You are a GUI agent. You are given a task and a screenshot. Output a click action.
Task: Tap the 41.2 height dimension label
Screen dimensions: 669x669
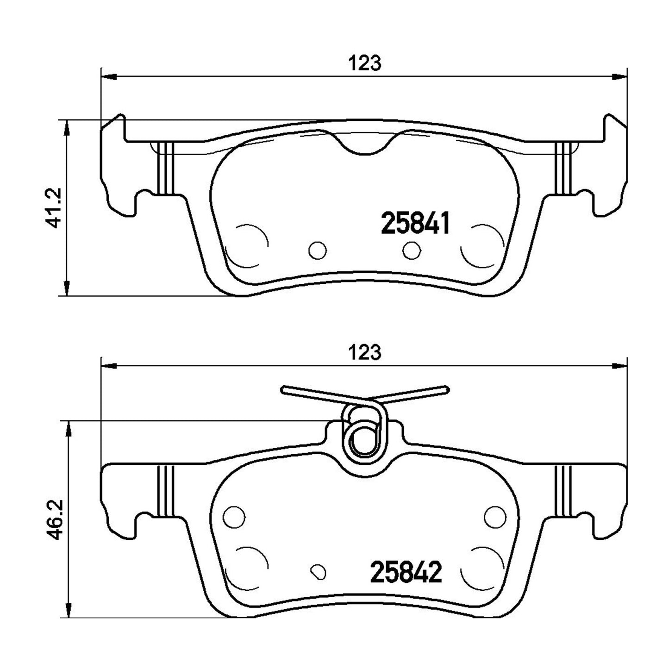53,207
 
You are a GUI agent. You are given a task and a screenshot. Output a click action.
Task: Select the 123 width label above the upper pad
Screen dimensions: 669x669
364,63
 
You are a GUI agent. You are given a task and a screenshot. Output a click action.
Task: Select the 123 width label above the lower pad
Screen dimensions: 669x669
364,353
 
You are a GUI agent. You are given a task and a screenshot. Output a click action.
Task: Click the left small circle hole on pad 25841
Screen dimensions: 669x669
317,250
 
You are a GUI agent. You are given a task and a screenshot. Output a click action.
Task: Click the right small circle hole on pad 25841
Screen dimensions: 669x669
412,250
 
